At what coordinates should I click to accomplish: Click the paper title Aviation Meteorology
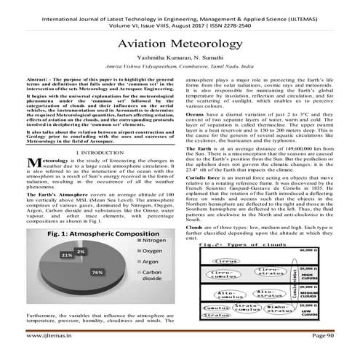pyautogui.click(x=180, y=44)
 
